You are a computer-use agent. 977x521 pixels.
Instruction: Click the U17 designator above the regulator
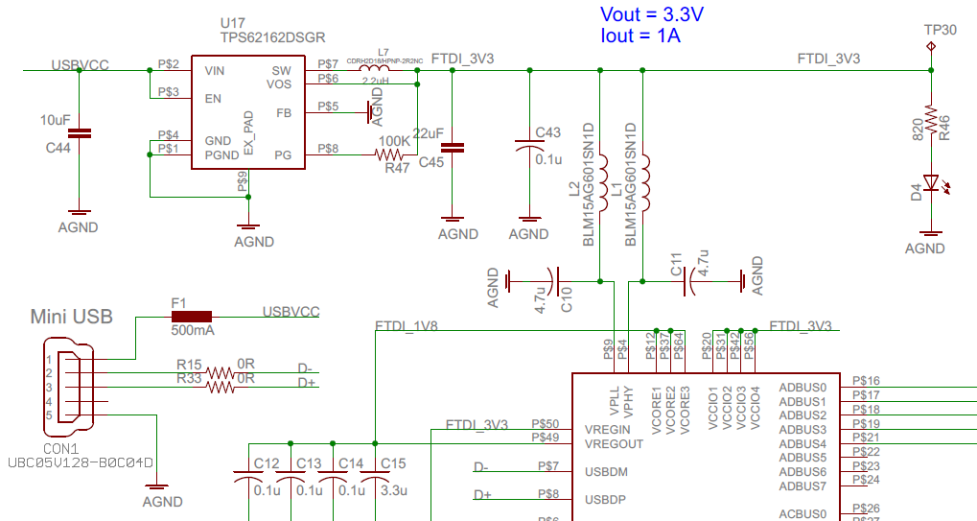click(x=232, y=20)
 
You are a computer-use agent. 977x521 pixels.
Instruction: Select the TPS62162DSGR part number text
click(x=272, y=37)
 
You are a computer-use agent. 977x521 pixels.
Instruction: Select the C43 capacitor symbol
click(x=528, y=147)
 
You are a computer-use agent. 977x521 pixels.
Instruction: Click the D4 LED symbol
click(x=929, y=182)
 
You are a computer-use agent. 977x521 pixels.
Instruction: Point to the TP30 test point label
click(x=939, y=30)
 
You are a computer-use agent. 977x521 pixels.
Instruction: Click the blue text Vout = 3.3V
click(x=653, y=14)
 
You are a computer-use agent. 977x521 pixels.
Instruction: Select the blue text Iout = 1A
click(x=640, y=36)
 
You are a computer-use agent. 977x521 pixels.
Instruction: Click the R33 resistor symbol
click(x=221, y=388)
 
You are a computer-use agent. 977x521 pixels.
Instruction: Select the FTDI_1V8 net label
click(x=407, y=326)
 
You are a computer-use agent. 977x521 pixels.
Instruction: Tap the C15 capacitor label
click(x=393, y=463)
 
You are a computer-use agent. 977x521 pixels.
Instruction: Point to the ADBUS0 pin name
click(x=803, y=388)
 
